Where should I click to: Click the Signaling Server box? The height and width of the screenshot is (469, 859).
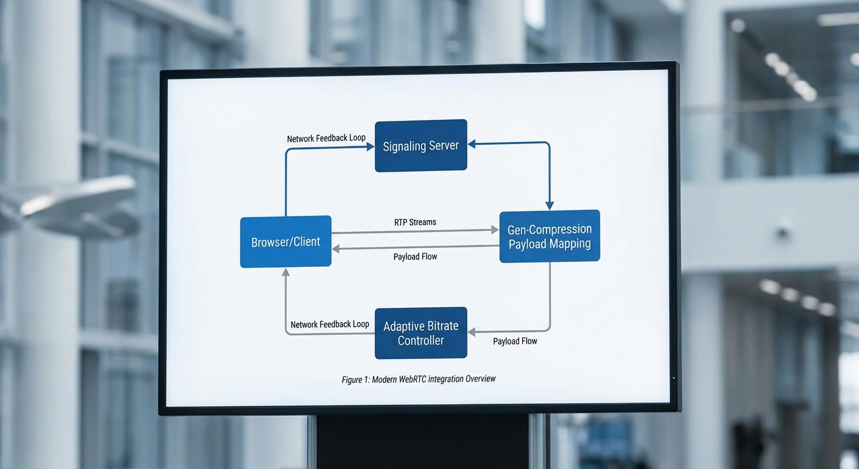420,145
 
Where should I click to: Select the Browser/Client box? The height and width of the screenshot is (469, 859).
286,242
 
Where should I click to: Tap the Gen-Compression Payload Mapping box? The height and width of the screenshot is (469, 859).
549,236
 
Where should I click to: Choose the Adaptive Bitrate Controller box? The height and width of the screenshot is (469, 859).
420,333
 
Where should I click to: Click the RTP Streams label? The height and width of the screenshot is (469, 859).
415,222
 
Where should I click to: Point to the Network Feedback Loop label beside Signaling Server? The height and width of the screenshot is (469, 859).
326,139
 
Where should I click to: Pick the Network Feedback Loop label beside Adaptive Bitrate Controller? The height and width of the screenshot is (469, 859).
329,324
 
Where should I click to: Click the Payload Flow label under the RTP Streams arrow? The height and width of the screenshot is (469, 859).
415,256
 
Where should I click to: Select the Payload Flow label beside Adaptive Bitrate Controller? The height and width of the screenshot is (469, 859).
515,341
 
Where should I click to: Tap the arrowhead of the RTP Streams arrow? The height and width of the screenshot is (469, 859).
495,230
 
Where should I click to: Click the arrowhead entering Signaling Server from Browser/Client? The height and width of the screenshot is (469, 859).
370,147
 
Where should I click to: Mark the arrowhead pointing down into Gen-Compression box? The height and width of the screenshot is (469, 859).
549,206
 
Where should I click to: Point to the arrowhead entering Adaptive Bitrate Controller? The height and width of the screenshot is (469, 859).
472,332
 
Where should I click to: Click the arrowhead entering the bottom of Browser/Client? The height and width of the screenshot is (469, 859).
286,272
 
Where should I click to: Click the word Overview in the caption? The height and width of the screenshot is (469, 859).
480,379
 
